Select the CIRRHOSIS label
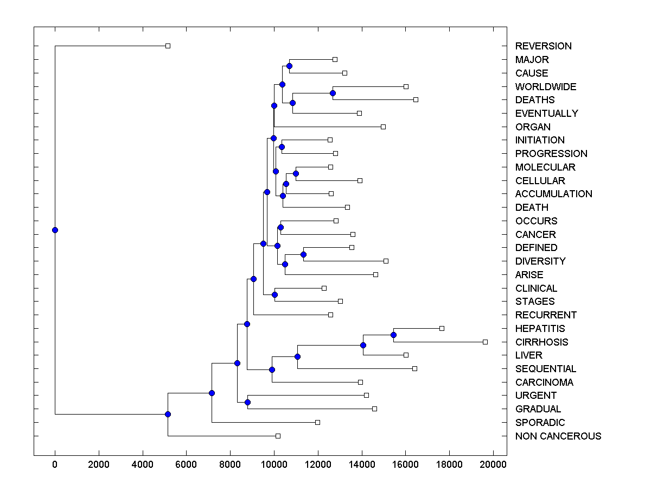[541, 342]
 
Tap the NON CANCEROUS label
[558, 436]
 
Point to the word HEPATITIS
[540, 328]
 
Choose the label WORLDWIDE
[546, 86]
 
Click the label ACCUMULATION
[553, 194]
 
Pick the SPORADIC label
[540, 422]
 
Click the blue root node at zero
[55, 230]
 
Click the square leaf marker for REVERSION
[168, 46]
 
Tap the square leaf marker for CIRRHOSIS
[485, 342]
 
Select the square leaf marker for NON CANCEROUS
[278, 436]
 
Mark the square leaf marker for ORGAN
[383, 127]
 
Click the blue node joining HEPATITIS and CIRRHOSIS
[393, 335]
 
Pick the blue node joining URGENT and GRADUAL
[247, 402]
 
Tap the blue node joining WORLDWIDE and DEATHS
[333, 93]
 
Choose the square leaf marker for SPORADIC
[317, 422]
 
